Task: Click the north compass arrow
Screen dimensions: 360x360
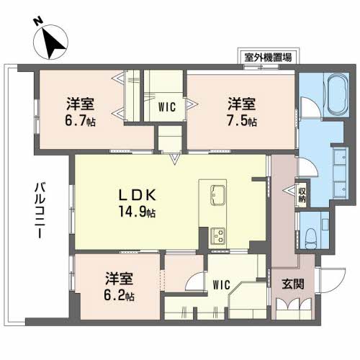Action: pyautogui.click(x=51, y=41)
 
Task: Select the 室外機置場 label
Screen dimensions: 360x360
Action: pyautogui.click(x=267, y=57)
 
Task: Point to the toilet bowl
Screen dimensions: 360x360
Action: pyautogui.click(x=310, y=233)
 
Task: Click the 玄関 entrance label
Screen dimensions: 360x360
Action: pyautogui.click(x=293, y=283)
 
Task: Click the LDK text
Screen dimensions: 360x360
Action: pyautogui.click(x=133, y=195)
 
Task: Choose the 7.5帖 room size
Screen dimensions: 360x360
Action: pyautogui.click(x=238, y=120)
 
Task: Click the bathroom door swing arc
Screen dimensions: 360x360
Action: pyautogui.click(x=308, y=108)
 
